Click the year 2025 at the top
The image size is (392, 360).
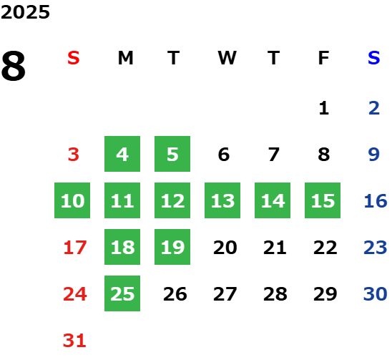tap(25, 12)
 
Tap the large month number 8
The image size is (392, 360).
tap(14, 66)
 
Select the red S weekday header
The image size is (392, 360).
tap(74, 58)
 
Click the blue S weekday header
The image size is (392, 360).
tap(374, 58)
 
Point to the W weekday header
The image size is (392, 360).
tap(227, 58)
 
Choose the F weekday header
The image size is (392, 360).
tap(324, 58)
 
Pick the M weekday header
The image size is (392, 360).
tap(125, 58)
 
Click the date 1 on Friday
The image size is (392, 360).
tap(324, 108)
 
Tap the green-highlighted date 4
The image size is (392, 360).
tap(122, 154)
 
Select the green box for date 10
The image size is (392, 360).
tap(72, 200)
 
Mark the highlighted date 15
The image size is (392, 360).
tap(323, 200)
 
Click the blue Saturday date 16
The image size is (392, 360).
tap(376, 200)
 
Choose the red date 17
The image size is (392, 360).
tap(75, 248)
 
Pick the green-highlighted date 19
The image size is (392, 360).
tap(172, 247)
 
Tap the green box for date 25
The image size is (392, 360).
tap(122, 293)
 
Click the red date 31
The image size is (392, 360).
tap(74, 341)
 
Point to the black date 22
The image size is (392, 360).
tap(325, 248)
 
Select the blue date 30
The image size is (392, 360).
tap(376, 293)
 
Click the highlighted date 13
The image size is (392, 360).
tap(222, 200)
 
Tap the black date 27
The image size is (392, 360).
tap(225, 293)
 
